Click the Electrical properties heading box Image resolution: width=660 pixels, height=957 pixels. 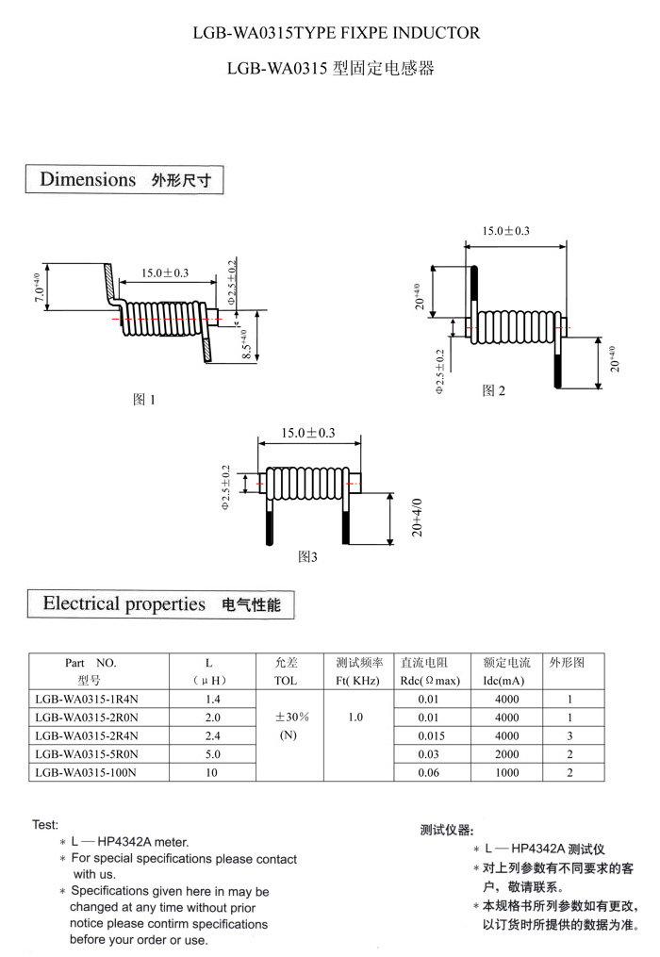[161, 604]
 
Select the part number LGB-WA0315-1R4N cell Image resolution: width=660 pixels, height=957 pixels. [87, 700]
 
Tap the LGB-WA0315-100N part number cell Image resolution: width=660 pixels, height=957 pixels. [87, 772]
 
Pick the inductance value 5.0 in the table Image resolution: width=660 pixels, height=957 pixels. [212, 754]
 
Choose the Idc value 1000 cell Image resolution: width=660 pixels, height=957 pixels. [506, 772]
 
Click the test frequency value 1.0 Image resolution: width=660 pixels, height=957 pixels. [355, 718]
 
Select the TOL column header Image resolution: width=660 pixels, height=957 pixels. [285, 680]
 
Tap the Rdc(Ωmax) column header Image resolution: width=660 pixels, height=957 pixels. [430, 680]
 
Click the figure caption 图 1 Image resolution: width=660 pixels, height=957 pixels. [143, 400]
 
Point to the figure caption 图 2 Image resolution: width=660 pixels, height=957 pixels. [493, 390]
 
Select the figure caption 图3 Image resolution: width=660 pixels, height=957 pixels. [307, 556]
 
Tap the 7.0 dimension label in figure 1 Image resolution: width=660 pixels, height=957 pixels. [37, 287]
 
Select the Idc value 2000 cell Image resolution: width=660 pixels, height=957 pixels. [506, 754]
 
